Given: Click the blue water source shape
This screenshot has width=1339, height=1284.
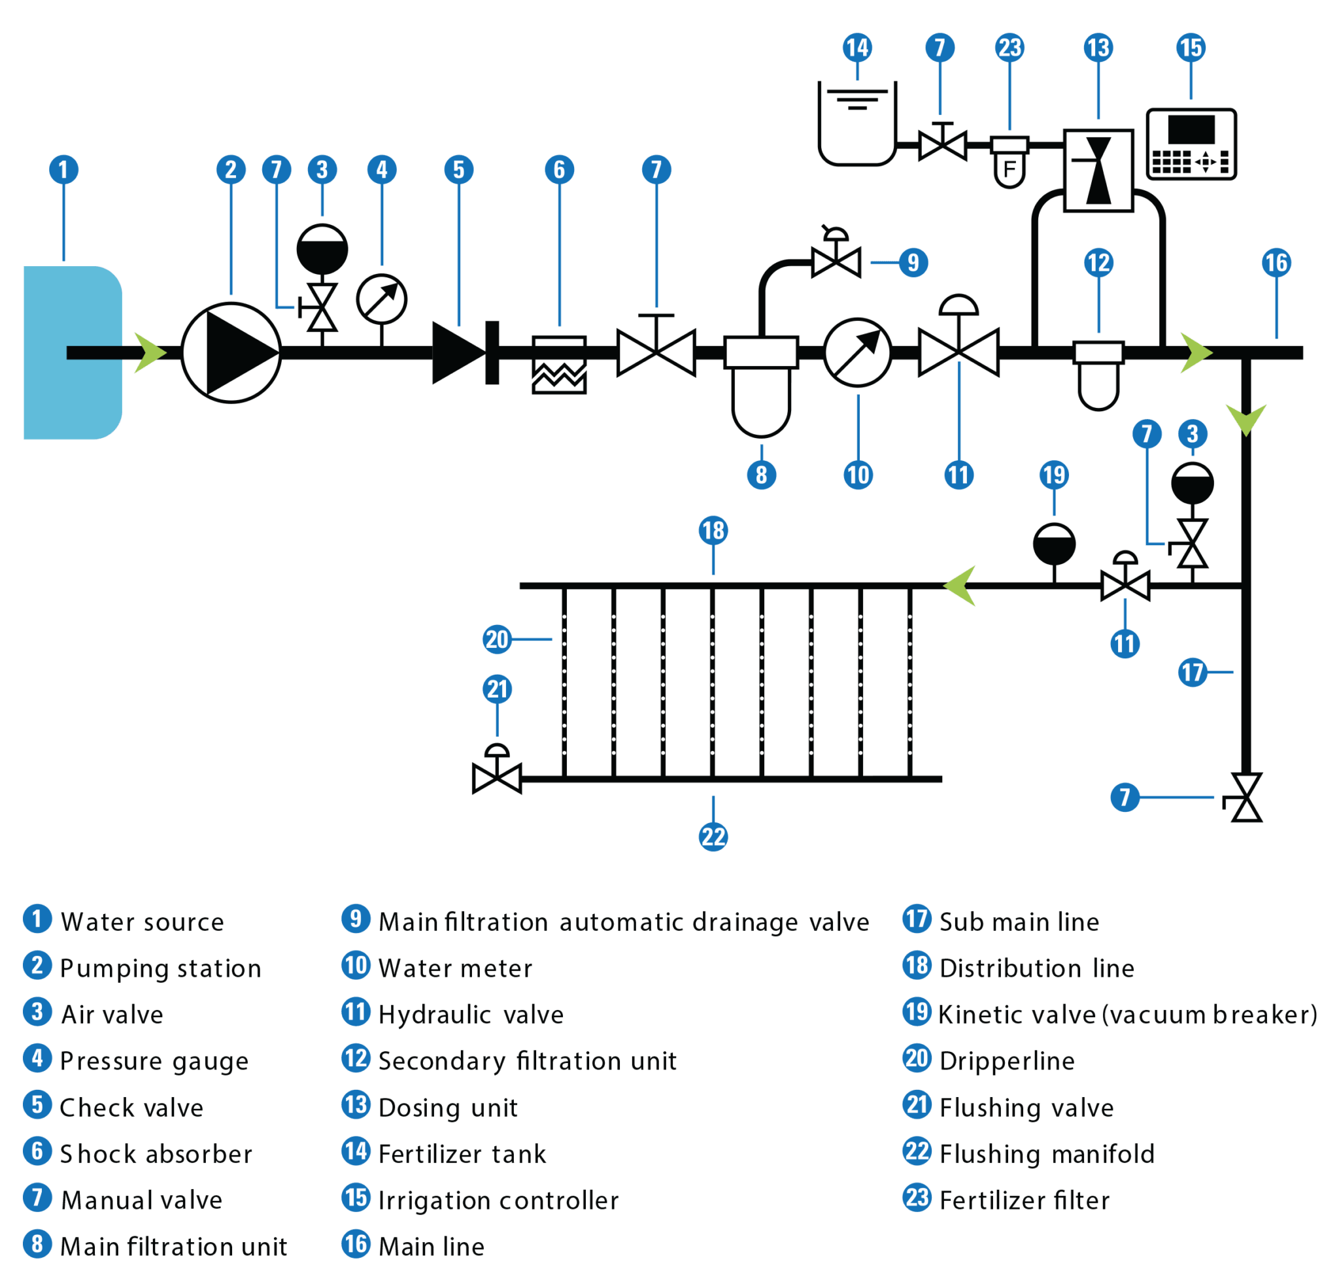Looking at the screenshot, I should tap(72, 352).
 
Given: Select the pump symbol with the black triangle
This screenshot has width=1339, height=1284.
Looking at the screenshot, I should tap(231, 352).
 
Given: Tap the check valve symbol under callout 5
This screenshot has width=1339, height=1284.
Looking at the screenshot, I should tap(459, 353).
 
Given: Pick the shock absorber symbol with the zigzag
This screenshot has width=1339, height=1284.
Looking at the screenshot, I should tap(559, 365).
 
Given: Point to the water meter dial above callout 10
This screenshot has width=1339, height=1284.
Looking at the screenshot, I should tap(857, 352).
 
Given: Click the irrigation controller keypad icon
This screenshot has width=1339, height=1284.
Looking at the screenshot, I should tap(1191, 144).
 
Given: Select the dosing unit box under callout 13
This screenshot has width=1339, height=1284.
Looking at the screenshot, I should tap(1098, 170).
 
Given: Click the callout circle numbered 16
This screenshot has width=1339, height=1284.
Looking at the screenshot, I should tap(1276, 263).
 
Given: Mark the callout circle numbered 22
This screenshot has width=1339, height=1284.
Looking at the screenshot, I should tap(713, 836).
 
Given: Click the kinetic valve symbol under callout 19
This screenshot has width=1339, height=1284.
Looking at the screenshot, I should tap(1054, 545).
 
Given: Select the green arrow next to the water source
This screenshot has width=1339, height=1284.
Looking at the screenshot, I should tap(150, 352).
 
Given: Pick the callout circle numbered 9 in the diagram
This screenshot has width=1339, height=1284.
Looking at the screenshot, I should tap(913, 263).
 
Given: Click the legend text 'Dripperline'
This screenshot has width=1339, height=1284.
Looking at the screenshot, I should tap(1006, 1060).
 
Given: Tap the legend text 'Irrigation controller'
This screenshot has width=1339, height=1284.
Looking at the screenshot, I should tap(499, 1200).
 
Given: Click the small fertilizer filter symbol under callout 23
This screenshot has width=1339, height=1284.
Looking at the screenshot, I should tap(1009, 161).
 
